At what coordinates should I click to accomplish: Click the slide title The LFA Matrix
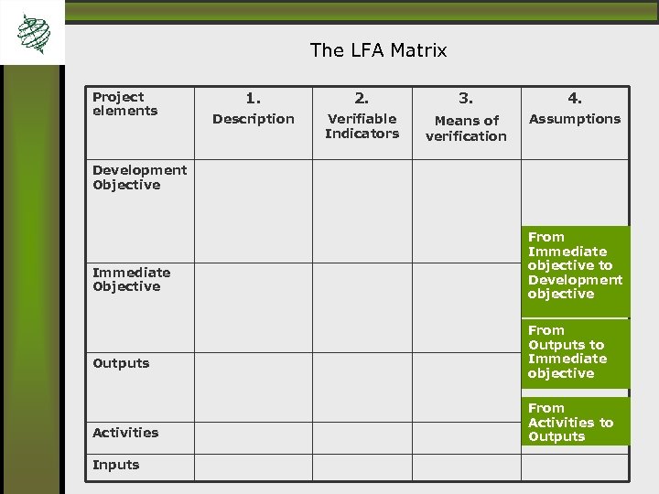click(378, 50)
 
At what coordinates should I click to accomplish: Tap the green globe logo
click(34, 35)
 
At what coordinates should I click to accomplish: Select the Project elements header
click(124, 103)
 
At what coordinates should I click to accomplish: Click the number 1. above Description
click(253, 97)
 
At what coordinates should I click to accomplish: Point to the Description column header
click(254, 119)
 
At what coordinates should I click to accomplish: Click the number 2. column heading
click(362, 97)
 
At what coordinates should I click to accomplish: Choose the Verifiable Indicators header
click(362, 126)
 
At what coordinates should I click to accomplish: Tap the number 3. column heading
click(466, 97)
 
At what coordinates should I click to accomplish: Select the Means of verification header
click(466, 128)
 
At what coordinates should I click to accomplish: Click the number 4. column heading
click(574, 97)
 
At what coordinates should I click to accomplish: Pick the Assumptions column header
click(574, 119)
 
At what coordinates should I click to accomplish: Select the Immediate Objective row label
click(131, 279)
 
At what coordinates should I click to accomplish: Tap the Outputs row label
click(121, 363)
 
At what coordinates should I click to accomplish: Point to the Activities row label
click(125, 433)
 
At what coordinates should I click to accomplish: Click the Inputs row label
click(116, 465)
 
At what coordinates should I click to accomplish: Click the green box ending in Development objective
click(575, 265)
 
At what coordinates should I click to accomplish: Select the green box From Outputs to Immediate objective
click(575, 352)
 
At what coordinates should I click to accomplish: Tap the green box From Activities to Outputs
click(575, 423)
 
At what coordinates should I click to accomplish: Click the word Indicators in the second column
click(362, 134)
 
